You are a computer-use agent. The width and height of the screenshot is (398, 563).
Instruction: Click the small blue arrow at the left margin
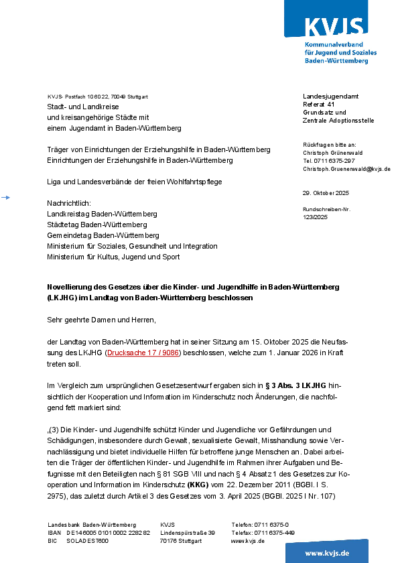pos(6,197)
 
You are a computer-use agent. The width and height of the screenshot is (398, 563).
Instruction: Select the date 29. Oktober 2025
pos(326,193)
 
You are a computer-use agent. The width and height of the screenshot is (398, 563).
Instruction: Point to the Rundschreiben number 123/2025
pos(315,217)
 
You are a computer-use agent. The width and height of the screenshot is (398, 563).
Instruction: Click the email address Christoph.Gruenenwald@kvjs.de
pos(346,169)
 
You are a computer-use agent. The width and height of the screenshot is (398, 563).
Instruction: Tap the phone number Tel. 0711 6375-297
pos(329,161)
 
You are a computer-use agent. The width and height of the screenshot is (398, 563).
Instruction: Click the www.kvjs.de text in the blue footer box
pos(327,553)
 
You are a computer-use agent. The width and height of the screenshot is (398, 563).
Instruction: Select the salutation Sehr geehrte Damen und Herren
pos(101,320)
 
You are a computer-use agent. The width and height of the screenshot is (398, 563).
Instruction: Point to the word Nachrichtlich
pos(68,202)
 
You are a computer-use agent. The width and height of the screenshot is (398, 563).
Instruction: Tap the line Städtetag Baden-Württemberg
pos(97,225)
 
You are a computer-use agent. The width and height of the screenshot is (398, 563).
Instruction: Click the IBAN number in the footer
pos(108,533)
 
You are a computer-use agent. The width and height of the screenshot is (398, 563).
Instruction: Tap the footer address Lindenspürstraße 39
pos(188,533)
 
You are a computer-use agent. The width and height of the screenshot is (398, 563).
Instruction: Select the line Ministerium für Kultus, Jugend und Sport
pos(113,257)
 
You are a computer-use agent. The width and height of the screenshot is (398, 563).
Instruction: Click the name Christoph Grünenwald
pos(333,153)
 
